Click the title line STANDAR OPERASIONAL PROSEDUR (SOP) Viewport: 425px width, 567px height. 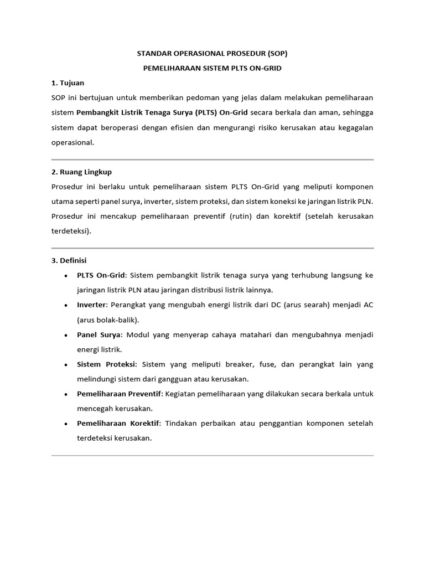click(x=212, y=54)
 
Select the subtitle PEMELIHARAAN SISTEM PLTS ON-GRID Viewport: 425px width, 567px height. click(x=212, y=68)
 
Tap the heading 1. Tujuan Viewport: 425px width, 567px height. click(x=68, y=83)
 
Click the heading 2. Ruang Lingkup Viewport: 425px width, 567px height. click(x=81, y=172)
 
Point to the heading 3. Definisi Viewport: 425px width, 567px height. click(x=69, y=260)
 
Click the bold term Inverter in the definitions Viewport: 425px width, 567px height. click(x=90, y=305)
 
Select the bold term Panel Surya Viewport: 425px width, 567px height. click(x=101, y=335)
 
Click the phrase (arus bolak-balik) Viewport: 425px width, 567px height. click(x=108, y=320)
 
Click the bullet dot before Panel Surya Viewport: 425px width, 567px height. click(x=66, y=336)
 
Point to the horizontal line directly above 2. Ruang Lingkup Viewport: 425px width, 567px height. click(x=212, y=159)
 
